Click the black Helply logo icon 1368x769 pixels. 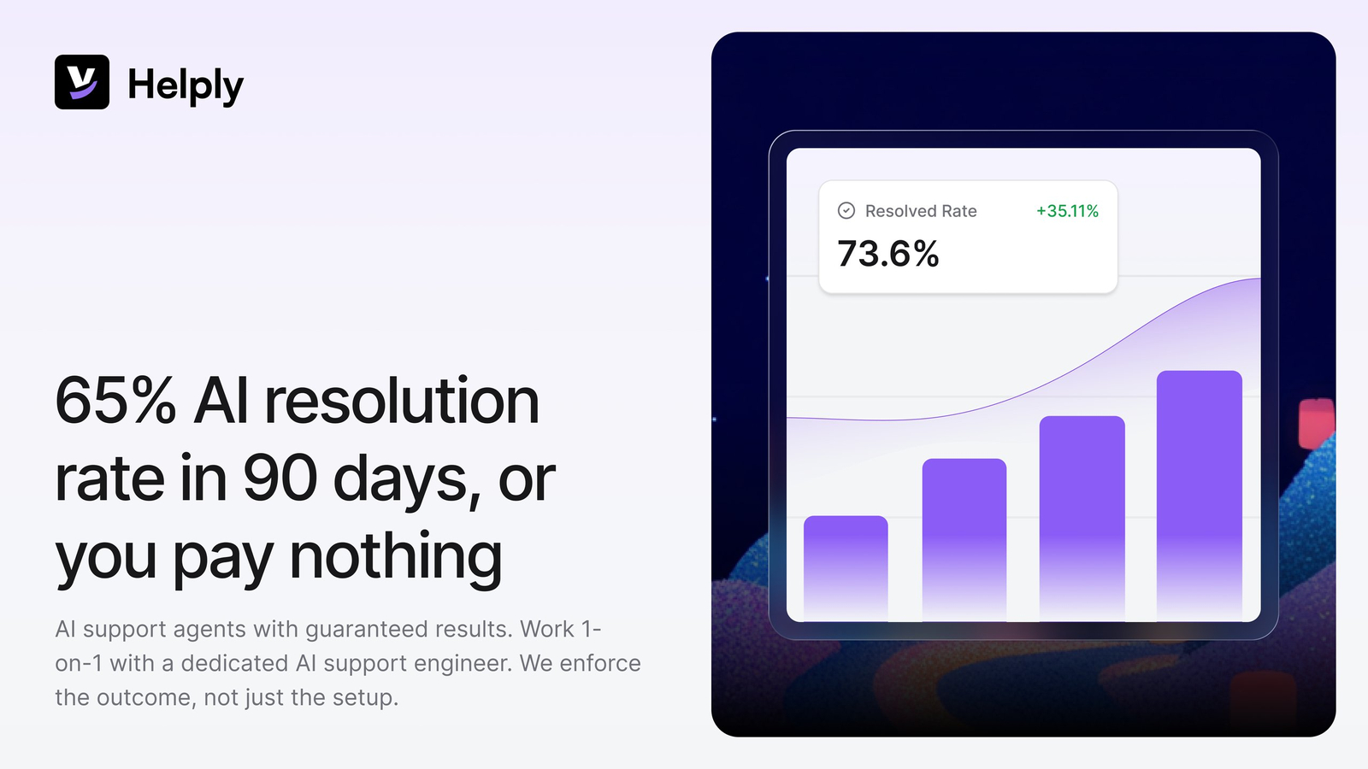click(82, 82)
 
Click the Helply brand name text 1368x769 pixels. click(186, 85)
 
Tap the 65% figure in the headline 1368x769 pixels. click(115, 401)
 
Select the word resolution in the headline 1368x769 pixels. click(402, 401)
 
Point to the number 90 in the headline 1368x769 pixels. click(280, 478)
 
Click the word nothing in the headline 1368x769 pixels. click(395, 555)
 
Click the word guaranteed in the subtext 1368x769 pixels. click(367, 630)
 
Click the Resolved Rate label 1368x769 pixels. click(921, 211)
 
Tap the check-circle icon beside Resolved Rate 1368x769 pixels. click(846, 210)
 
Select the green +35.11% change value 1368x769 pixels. click(1068, 211)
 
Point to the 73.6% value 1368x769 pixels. click(888, 253)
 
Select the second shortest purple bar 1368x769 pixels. click(964, 540)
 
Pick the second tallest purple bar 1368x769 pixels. click(1082, 519)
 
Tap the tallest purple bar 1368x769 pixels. click(1200, 496)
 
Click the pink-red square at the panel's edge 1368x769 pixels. click(1317, 423)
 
